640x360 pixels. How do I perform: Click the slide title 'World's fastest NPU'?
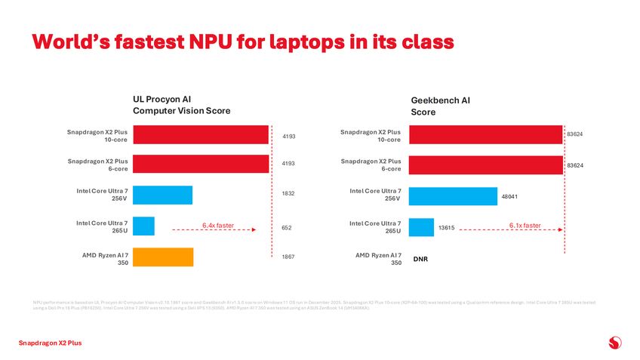coord(242,41)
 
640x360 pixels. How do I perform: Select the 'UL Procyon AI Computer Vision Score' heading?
coord(181,105)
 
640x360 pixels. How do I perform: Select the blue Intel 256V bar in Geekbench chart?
coord(452,196)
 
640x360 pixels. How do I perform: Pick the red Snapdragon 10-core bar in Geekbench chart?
coord(485,134)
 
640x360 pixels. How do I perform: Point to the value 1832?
coord(288,194)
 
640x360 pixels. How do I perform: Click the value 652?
coord(287,228)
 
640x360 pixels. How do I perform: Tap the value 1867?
coord(288,257)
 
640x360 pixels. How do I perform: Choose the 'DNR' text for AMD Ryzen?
coord(420,259)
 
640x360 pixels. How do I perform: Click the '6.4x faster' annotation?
coord(218,224)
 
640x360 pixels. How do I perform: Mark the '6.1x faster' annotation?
coord(525,224)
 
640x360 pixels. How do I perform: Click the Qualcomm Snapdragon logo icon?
coord(614,343)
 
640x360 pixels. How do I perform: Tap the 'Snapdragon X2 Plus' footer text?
coord(50,343)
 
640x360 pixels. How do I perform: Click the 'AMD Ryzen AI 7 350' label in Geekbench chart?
coord(378,259)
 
